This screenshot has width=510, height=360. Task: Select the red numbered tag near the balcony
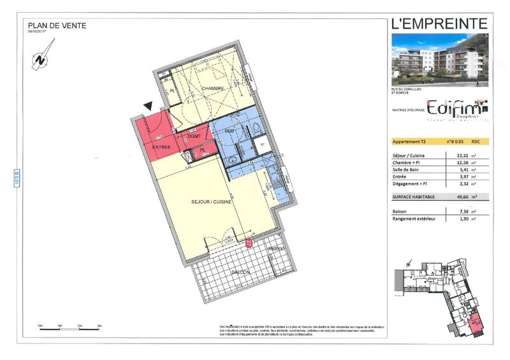(249, 243)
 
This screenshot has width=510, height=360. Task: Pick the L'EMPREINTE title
(439, 24)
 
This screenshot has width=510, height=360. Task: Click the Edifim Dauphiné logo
(456, 108)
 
